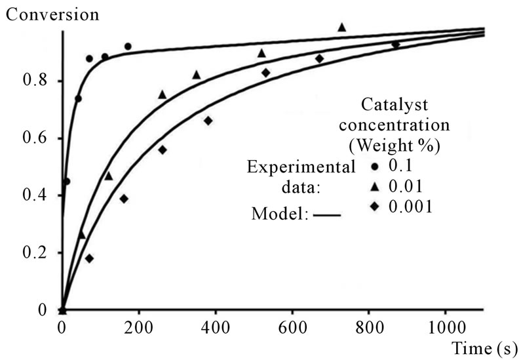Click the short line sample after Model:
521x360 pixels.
point(327,214)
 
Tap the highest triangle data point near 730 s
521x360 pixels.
point(341,28)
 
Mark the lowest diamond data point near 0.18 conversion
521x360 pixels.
point(89,258)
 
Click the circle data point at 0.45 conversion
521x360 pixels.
point(66,182)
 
